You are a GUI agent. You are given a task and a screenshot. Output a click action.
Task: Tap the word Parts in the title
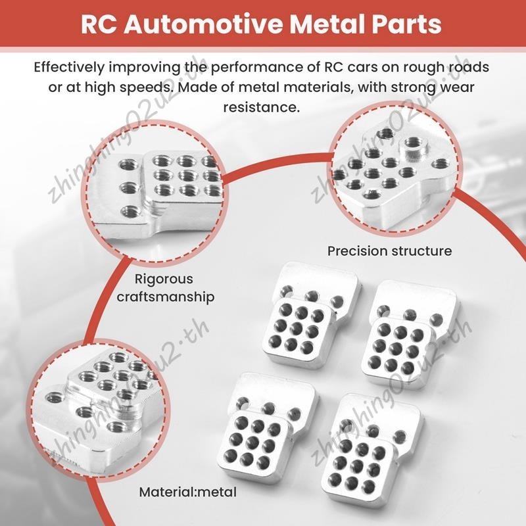tap(404, 24)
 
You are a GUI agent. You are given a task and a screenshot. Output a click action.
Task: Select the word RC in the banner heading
tap(99, 24)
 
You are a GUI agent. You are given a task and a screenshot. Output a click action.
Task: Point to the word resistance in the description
tap(262, 108)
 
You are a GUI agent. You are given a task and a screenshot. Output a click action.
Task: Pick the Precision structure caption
tap(389, 251)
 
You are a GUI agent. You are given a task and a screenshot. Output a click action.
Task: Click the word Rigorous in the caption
tap(164, 279)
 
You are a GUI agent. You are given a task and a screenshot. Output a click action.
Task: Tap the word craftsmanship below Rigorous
tap(166, 297)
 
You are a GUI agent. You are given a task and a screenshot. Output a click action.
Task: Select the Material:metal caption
tap(188, 492)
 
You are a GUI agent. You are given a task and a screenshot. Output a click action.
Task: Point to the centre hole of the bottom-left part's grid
tap(252, 443)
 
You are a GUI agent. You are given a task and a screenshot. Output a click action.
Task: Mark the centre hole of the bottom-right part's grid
tap(356, 465)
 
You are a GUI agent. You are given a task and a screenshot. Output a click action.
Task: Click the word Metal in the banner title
tap(325, 24)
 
